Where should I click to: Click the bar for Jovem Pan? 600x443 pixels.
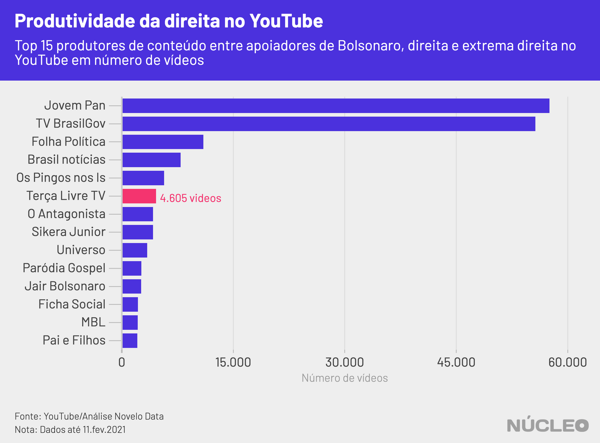pos(336,106)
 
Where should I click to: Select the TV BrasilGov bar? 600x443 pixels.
pos(329,124)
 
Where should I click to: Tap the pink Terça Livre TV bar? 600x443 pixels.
pos(139,196)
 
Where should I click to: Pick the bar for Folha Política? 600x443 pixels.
pos(163,142)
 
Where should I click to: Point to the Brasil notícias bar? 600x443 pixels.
pos(151,160)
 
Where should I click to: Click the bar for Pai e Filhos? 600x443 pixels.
pos(130,341)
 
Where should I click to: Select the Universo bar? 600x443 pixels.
pos(135,250)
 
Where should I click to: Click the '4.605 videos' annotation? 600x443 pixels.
pos(190,198)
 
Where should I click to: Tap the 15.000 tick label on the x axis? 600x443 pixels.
pos(233,362)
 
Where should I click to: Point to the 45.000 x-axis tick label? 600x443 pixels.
pos(456,362)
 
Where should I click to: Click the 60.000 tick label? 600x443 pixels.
pos(568,362)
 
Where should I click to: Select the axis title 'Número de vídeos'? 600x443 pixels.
pos(345,378)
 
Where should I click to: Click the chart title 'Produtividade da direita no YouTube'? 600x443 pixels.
pos(169,21)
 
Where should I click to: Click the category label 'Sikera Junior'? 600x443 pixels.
pos(69,232)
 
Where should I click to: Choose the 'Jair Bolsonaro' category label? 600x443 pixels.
pos(65,286)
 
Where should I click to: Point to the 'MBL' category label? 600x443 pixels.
pos(93,322)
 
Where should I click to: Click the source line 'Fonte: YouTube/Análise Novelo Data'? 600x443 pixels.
pos(89,416)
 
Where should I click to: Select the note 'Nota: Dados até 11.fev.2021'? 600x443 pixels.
pos(70,430)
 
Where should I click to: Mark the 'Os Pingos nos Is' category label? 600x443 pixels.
pos(61,178)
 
